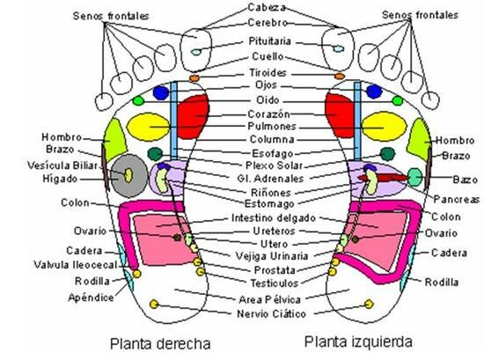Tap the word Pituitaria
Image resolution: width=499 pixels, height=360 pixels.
tap(248, 41)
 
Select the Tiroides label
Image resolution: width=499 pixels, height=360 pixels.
tap(249, 72)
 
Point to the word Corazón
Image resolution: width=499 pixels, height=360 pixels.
tap(249, 114)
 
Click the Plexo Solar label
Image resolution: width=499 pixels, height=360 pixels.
tap(248, 165)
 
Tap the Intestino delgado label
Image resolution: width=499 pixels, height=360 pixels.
tap(249, 217)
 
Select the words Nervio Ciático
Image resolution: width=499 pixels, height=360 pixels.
tap(249, 313)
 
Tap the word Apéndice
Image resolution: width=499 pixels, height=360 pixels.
tap(92, 298)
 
